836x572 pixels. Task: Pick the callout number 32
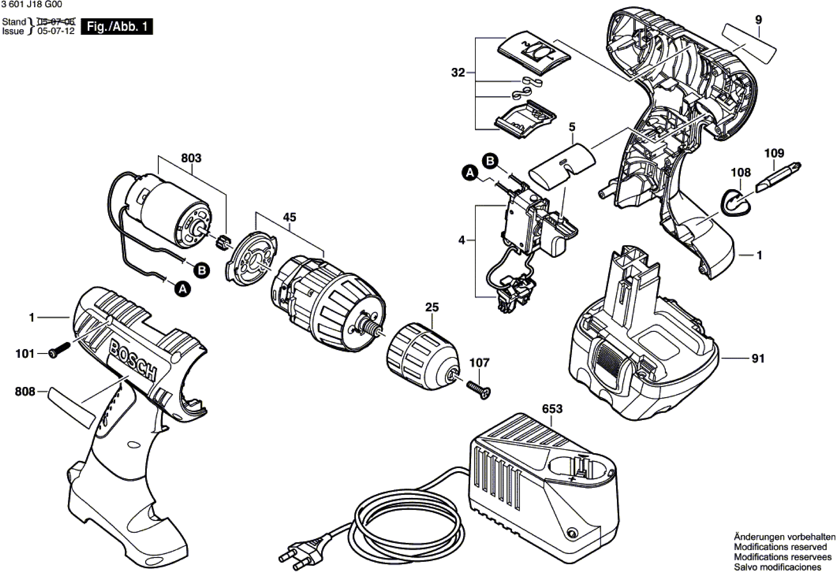pyautogui.click(x=458, y=73)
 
